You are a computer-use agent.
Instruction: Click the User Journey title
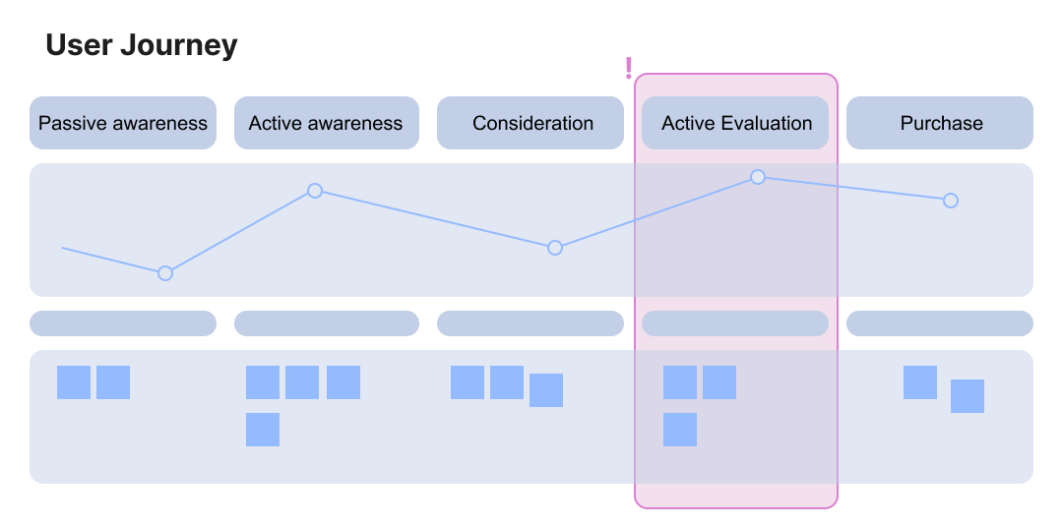tap(142, 45)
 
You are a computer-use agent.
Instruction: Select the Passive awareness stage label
tap(123, 123)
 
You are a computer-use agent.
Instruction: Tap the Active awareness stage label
tap(326, 123)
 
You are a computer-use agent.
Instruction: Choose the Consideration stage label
tap(532, 123)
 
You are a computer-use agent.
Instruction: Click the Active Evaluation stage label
tap(736, 123)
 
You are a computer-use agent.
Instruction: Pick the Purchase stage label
tap(941, 123)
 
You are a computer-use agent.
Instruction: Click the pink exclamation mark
tap(629, 68)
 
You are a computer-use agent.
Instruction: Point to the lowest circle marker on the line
tap(165, 272)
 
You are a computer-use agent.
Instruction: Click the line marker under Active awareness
tap(315, 191)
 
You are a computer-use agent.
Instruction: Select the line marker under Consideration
tap(555, 248)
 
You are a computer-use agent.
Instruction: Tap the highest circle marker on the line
tap(758, 177)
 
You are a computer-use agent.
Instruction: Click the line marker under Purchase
tap(951, 201)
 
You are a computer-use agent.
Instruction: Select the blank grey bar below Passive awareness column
tap(123, 323)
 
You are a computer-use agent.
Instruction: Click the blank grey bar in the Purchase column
tap(940, 323)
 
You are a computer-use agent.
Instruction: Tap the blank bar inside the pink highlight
tap(735, 323)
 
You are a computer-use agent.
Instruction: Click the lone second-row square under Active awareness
tap(263, 430)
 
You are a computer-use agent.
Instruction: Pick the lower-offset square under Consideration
tap(546, 390)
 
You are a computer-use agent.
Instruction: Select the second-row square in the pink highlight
tap(680, 430)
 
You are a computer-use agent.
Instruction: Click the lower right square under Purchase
tap(967, 396)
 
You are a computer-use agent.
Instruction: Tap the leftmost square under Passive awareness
tap(74, 382)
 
